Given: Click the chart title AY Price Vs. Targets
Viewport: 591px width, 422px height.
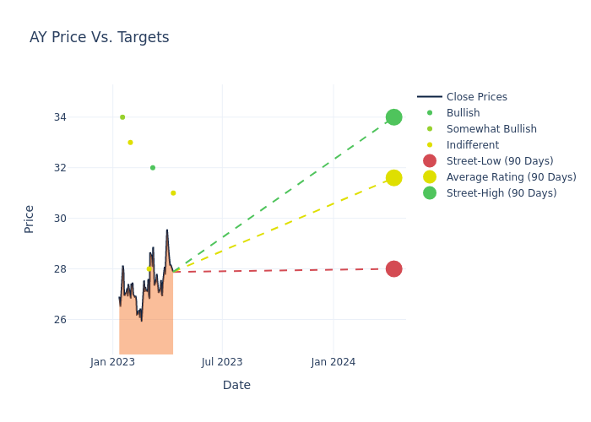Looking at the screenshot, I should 99,37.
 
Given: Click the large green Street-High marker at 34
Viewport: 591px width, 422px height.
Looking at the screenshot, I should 393,117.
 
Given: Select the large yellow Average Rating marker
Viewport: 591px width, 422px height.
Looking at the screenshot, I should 393,177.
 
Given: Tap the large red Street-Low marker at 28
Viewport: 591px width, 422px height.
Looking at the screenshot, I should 393,269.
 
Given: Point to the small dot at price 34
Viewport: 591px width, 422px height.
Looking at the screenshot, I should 122,117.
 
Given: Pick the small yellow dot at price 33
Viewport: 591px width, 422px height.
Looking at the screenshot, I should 130,143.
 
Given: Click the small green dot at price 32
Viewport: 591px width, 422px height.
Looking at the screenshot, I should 153,168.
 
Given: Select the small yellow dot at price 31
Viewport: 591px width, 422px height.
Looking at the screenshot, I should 173,193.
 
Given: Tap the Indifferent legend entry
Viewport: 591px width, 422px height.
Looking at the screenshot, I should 472,145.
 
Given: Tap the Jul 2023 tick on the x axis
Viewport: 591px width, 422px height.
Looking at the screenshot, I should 222,362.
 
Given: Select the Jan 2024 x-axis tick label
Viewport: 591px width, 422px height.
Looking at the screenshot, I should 333,362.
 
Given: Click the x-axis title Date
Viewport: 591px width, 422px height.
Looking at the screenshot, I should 236,385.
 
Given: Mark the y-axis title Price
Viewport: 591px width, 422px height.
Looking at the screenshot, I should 30,219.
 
